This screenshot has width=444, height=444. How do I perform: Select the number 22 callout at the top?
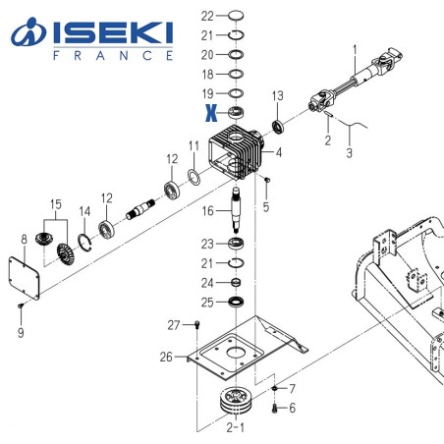(206, 16)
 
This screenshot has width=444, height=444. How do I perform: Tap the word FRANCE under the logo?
(110, 56)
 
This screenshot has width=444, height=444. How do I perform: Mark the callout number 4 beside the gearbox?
(279, 153)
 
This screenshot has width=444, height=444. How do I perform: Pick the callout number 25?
(206, 301)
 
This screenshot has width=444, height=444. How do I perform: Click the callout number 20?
(206, 54)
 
